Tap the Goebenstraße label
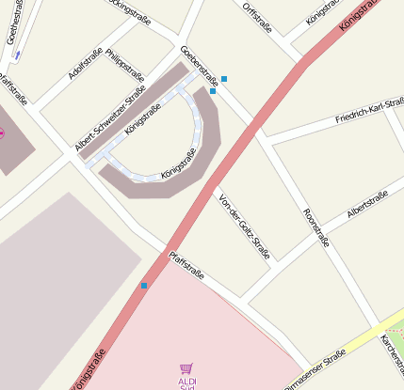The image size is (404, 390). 199,65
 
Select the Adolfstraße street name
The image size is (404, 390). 86,65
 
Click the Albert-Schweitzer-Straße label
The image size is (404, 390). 109,118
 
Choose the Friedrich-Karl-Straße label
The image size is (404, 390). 368,111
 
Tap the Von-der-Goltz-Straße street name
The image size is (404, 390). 244,226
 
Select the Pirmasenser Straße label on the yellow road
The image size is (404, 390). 315,368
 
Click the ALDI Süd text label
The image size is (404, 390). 187,382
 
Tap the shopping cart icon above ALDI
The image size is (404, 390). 186,369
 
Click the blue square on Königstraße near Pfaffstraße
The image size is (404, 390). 144,286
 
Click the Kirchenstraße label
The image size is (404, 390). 392,352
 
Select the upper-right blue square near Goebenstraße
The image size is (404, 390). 224,79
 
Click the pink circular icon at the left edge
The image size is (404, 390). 1,133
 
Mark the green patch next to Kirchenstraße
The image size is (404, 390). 396,329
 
